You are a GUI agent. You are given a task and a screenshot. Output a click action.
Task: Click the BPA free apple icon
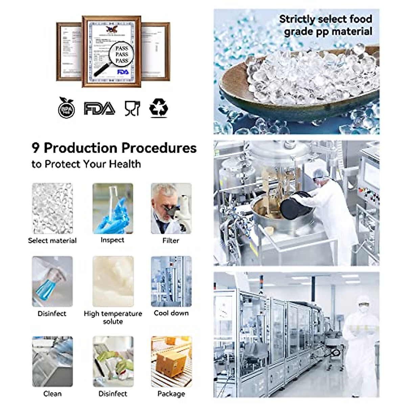click(66, 108)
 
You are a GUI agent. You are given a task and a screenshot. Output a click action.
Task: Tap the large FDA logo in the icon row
click(99, 109)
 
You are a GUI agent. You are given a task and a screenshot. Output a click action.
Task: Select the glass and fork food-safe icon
click(132, 108)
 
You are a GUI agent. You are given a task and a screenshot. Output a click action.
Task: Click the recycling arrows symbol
click(159, 108)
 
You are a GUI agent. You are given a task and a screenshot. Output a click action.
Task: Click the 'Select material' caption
click(52, 241)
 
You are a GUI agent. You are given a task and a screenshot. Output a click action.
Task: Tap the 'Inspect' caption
click(112, 240)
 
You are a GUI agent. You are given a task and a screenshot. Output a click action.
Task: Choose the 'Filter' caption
click(171, 241)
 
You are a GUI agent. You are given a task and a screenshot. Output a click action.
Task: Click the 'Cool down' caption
click(171, 313)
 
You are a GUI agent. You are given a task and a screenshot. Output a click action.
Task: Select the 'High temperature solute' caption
click(113, 317)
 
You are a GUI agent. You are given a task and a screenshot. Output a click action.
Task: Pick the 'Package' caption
click(171, 393)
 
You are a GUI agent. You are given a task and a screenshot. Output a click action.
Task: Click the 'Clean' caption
click(52, 393)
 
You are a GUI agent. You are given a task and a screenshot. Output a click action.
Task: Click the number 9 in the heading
click(36, 148)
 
